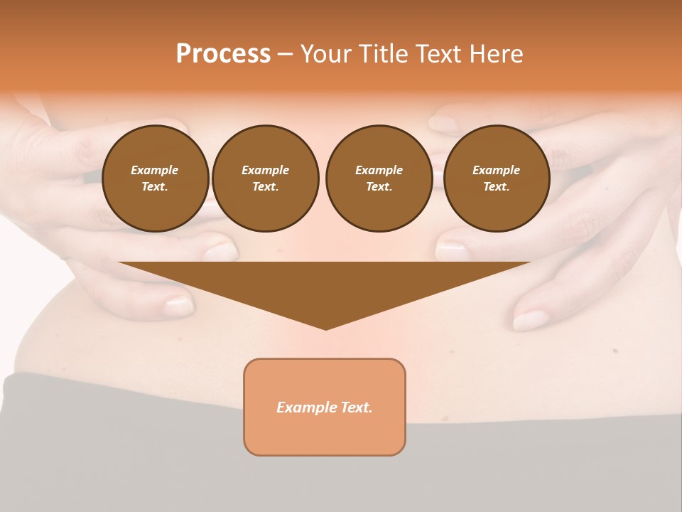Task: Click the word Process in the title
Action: pyautogui.click(x=223, y=54)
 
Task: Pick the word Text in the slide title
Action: pyautogui.click(x=438, y=54)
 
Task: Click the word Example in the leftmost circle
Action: pyautogui.click(x=155, y=170)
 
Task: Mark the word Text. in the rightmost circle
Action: pyautogui.click(x=496, y=186)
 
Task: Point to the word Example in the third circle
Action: pyautogui.click(x=379, y=170)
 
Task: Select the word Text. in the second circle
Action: pyautogui.click(x=265, y=186)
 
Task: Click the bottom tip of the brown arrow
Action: pyautogui.click(x=325, y=329)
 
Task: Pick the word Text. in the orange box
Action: pyautogui.click(x=357, y=407)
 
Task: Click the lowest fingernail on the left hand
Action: pyautogui.click(x=179, y=306)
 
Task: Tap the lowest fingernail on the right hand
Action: pyautogui.click(x=530, y=320)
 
